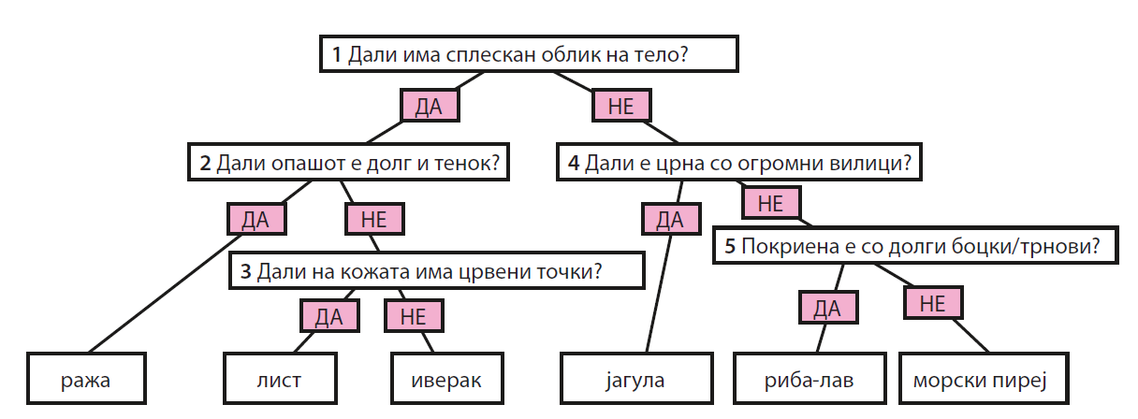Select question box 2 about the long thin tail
coord(348,164)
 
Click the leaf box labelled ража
coord(86,381)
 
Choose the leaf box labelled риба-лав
coord(810,381)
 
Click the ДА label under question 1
coord(429,106)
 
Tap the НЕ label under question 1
coord(621,106)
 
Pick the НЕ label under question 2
coord(374,220)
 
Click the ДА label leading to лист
coord(328,317)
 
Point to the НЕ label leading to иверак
coord(413,317)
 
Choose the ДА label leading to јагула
coord(670,220)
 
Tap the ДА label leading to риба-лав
coord(827,307)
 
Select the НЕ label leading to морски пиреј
coord(932,303)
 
